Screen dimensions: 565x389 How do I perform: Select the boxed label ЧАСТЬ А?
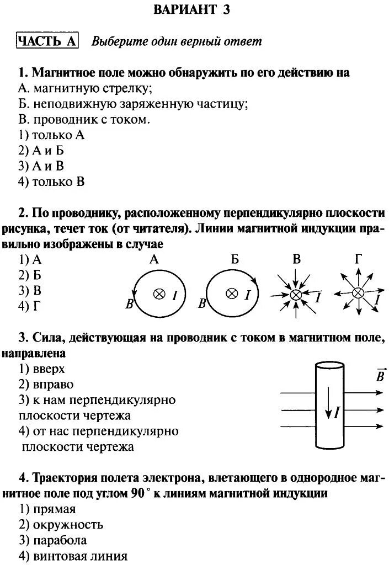(x=47, y=41)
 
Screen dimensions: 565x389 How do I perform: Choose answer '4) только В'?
(x=51, y=182)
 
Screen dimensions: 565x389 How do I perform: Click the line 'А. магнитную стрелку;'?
(x=85, y=88)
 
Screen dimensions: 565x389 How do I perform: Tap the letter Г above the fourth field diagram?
(x=358, y=259)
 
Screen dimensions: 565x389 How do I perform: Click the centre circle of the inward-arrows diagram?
(x=296, y=295)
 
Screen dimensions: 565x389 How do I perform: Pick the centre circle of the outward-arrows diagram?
(x=358, y=293)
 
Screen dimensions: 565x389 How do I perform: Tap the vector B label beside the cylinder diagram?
(x=380, y=376)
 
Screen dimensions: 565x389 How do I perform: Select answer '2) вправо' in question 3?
(x=46, y=385)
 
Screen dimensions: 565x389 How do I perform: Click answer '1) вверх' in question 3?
(x=42, y=369)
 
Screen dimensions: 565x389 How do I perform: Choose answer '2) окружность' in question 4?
(x=61, y=525)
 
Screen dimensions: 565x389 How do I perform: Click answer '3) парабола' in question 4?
(x=52, y=540)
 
